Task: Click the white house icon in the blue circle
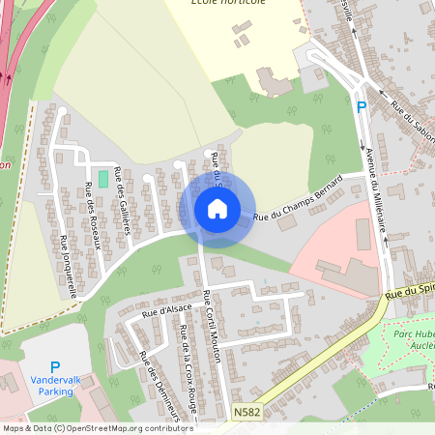point(217,208)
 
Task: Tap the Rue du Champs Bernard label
point(299,198)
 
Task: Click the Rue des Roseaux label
point(93,215)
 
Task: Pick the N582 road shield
point(247,411)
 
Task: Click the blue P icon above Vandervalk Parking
point(55,367)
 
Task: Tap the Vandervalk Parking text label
point(56,386)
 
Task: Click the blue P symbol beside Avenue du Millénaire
point(362,107)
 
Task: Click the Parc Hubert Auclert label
point(415,338)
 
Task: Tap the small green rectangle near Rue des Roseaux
point(103,179)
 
